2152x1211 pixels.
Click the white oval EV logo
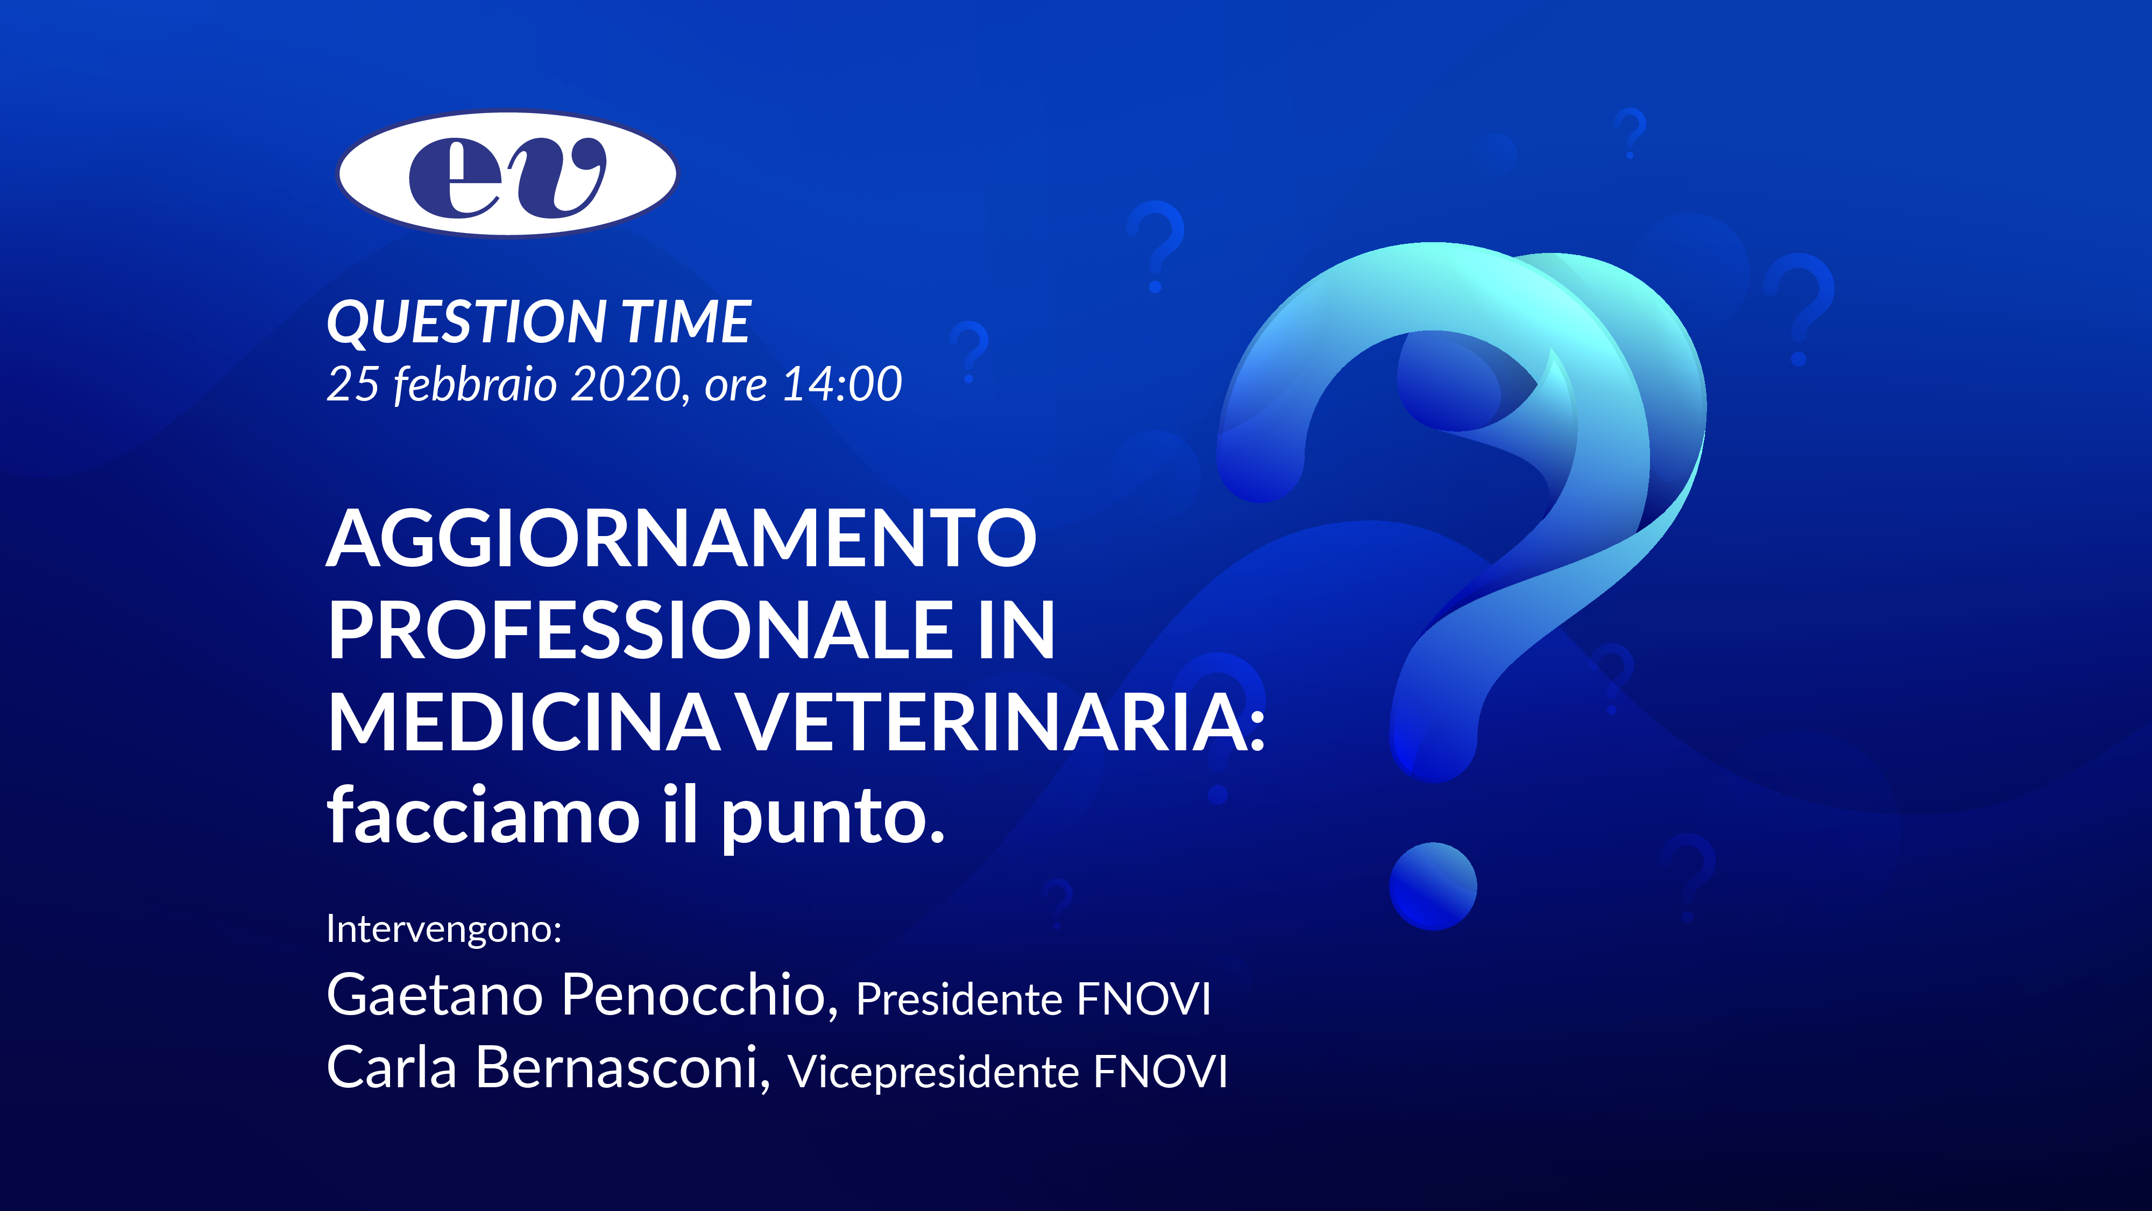point(507,174)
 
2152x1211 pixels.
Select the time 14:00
point(842,384)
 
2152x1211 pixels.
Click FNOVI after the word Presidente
point(1144,999)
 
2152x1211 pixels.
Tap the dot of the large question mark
point(1433,886)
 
